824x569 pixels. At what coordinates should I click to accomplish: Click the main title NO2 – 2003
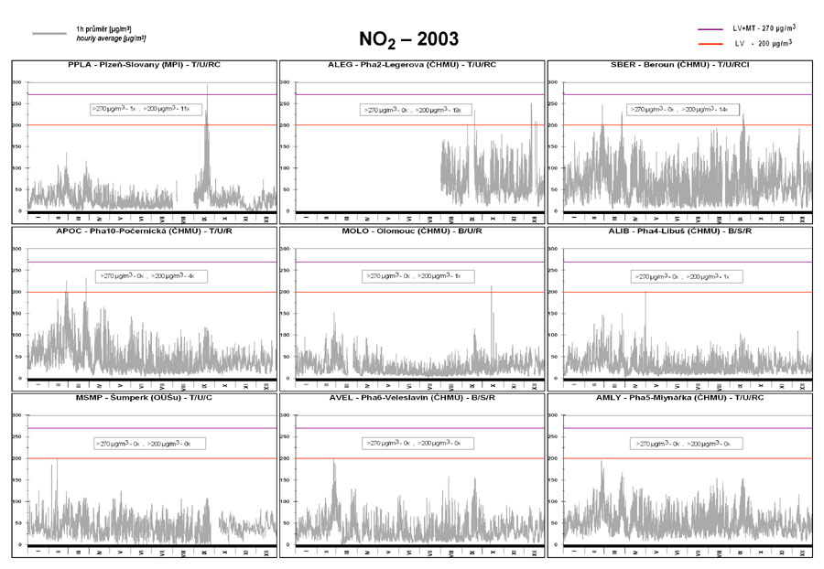pos(409,38)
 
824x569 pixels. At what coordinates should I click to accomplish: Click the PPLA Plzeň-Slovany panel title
pos(144,65)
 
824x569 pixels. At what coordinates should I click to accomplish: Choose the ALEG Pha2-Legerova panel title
pos(412,65)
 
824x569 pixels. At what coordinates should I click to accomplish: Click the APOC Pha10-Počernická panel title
pos(144,232)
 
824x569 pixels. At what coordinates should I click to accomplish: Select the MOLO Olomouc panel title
pos(412,232)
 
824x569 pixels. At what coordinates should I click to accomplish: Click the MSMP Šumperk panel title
pos(144,399)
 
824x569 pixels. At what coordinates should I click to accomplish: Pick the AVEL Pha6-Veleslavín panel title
pos(412,399)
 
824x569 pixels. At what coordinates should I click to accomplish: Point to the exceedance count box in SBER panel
pos(679,110)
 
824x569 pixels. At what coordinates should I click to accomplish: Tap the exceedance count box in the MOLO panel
pos(413,275)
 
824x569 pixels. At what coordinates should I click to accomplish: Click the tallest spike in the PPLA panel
pos(207,86)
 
